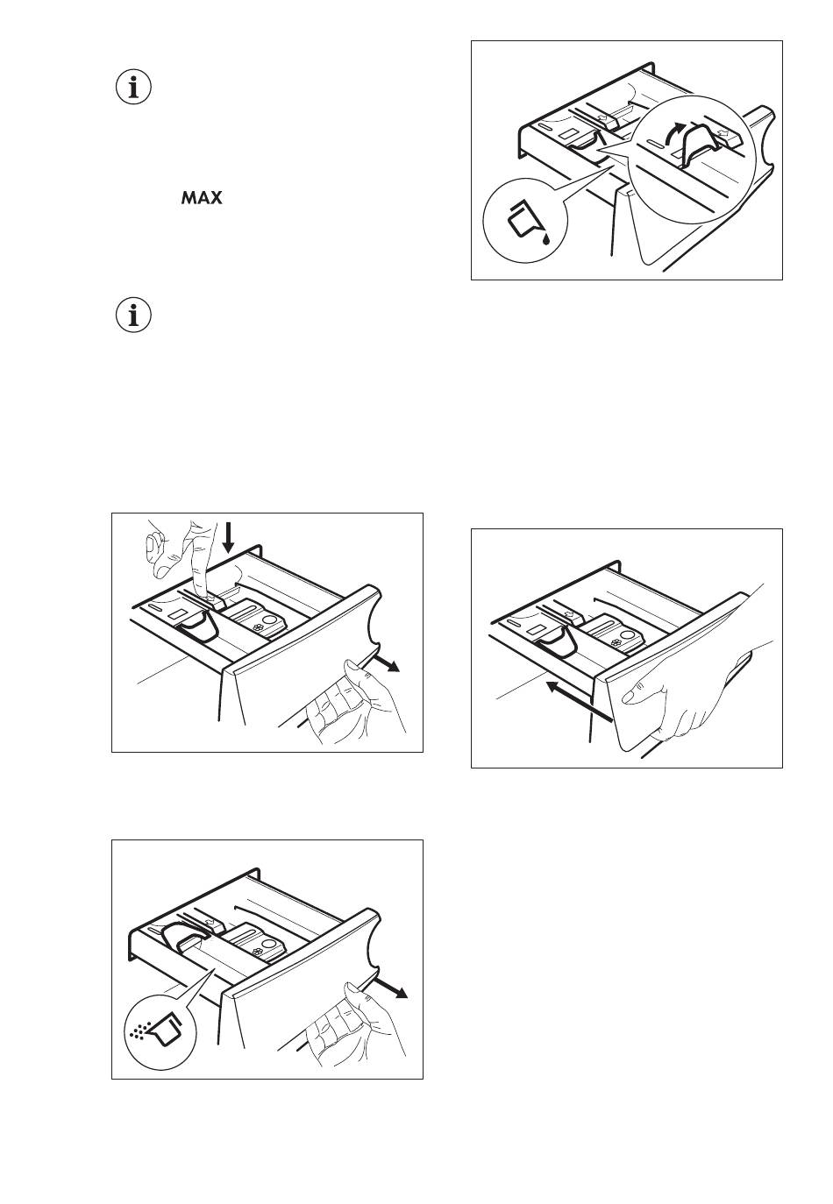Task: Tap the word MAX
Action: click(202, 199)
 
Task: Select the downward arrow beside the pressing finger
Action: click(229, 537)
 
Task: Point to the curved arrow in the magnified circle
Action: click(671, 132)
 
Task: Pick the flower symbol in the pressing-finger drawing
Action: click(260, 627)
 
